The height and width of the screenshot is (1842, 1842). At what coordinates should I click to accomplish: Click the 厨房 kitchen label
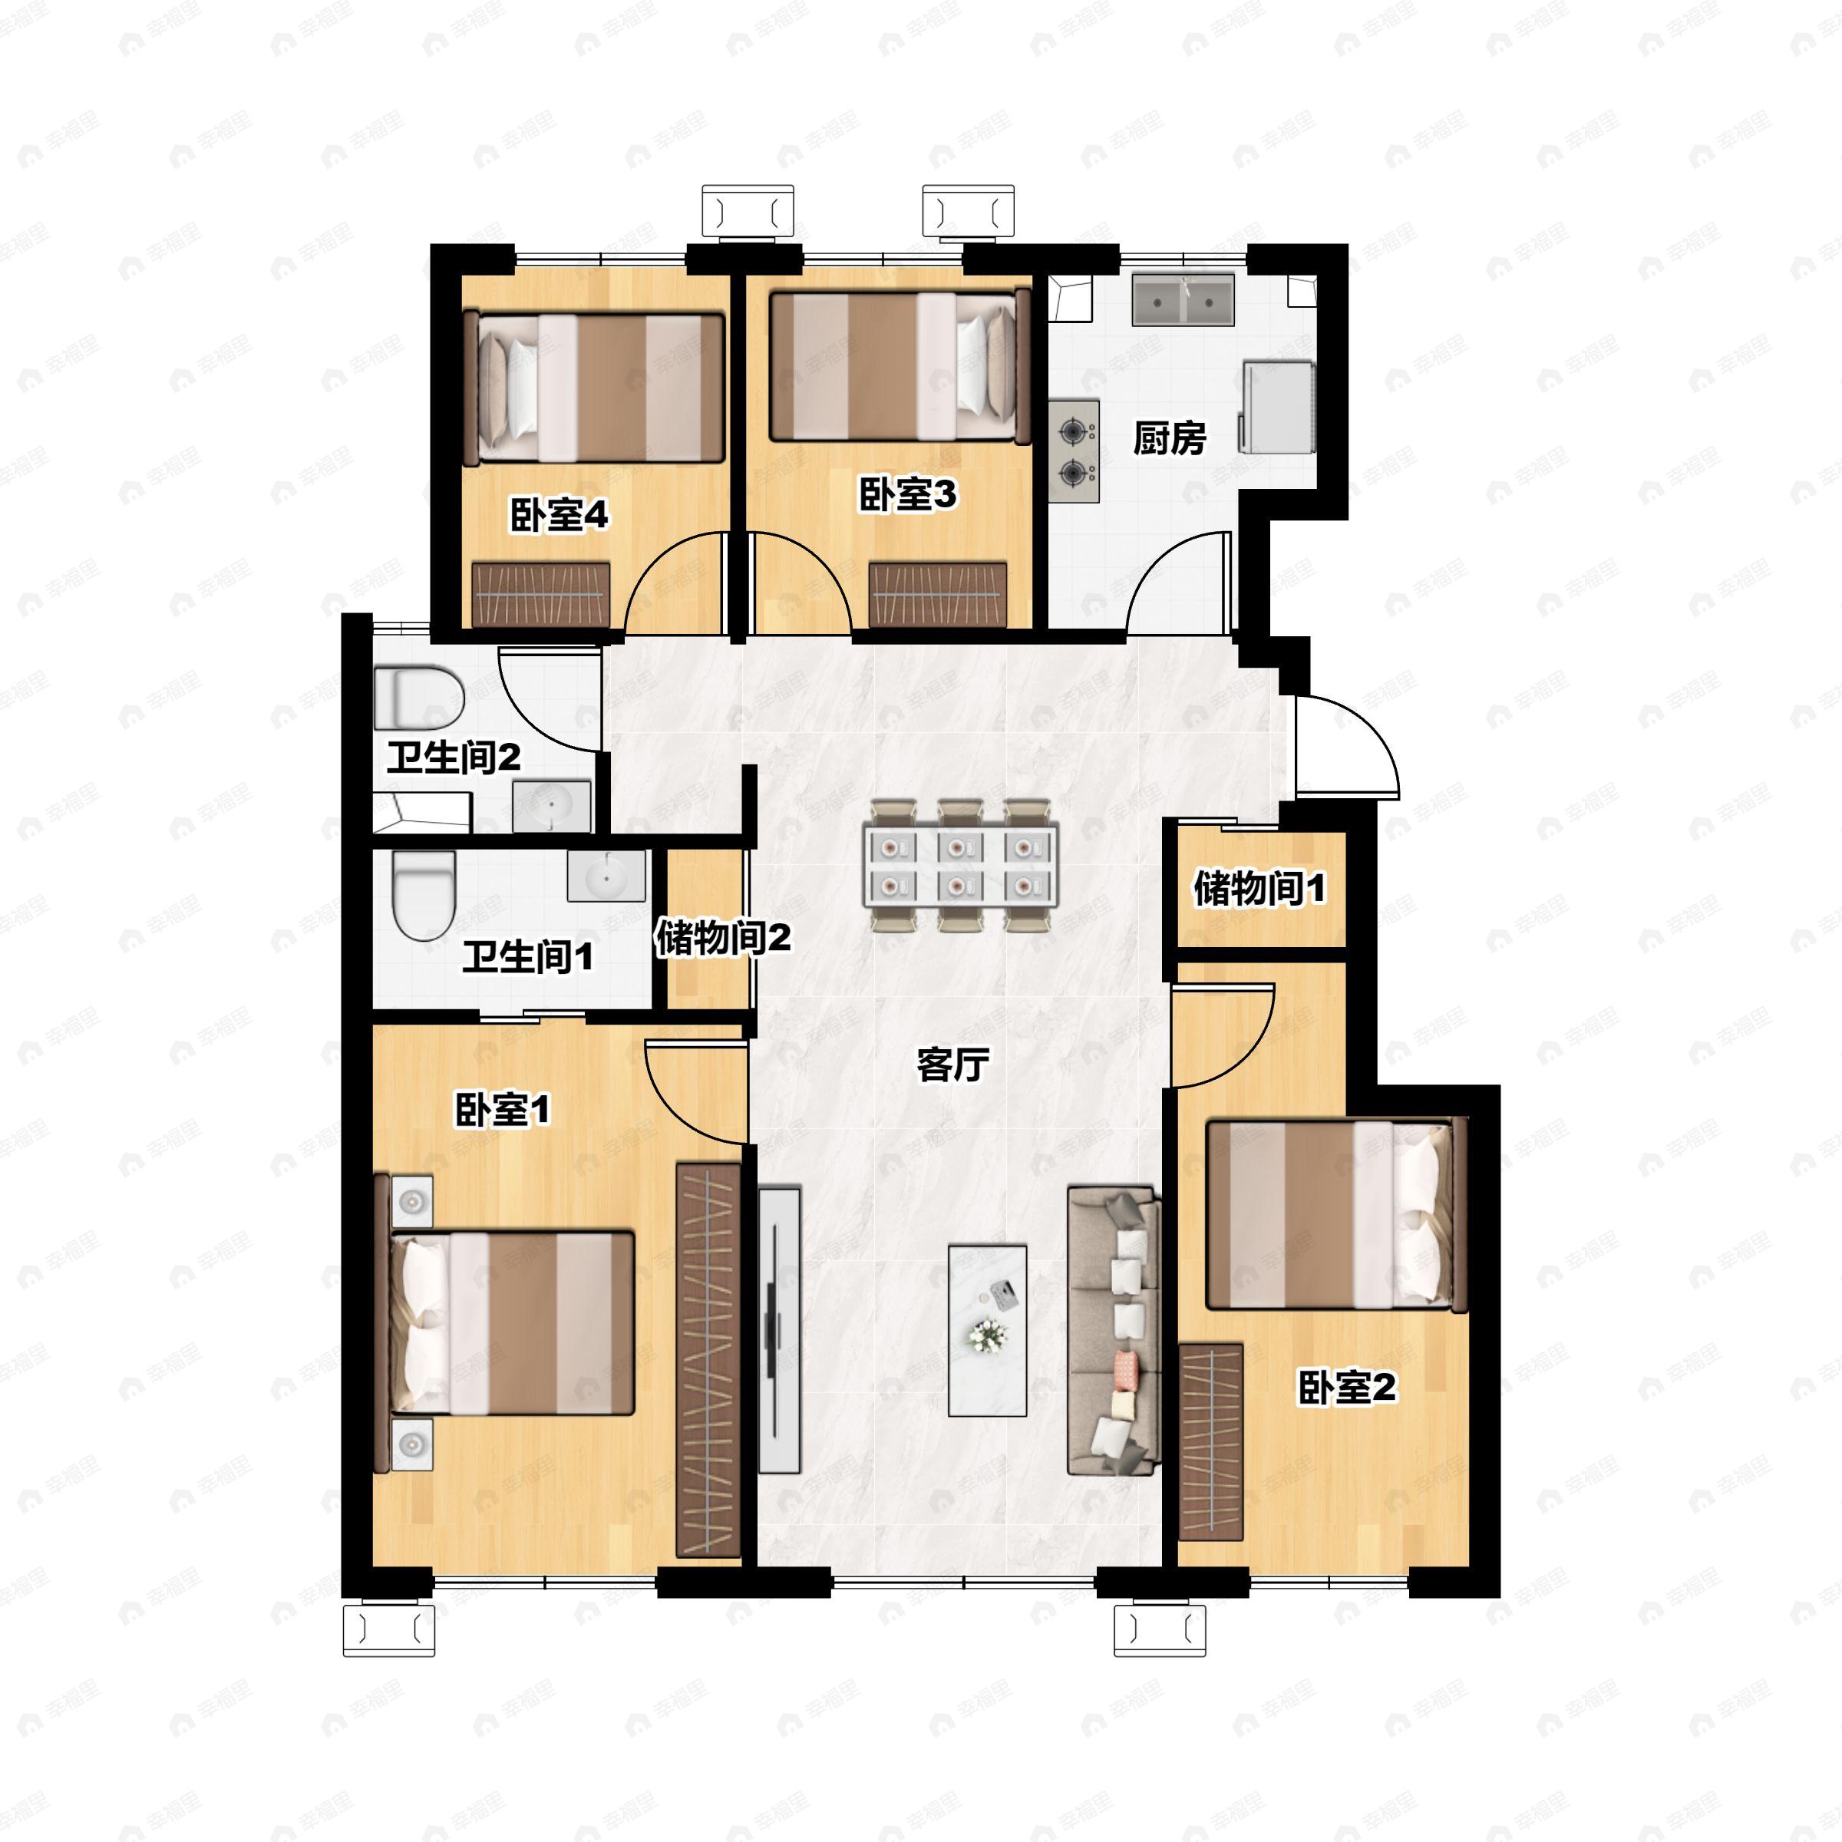[x=1169, y=438]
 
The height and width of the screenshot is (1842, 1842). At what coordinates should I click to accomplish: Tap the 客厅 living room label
[x=952, y=1064]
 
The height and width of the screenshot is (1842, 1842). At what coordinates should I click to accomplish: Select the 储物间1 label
[x=1259, y=889]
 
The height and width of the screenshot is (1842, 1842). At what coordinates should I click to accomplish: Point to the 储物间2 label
[x=723, y=938]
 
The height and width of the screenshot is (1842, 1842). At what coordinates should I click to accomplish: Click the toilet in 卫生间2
[x=418, y=699]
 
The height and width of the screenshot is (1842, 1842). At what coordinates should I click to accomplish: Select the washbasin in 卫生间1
[x=606, y=875]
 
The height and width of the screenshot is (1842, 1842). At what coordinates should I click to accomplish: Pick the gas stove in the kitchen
[x=1074, y=452]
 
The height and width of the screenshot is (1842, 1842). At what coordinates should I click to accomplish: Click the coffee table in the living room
[x=988, y=1330]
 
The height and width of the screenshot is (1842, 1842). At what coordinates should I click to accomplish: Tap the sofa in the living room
[x=1114, y=1331]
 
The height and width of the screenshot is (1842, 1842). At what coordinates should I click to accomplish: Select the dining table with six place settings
[x=960, y=866]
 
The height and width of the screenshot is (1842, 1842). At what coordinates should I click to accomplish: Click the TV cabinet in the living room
[x=780, y=1330]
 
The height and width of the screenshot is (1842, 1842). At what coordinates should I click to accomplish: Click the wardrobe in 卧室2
[x=1211, y=1443]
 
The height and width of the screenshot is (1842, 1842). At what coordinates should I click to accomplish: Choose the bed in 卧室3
[x=901, y=367]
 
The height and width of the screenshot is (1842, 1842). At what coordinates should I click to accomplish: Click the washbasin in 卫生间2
[x=552, y=806]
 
